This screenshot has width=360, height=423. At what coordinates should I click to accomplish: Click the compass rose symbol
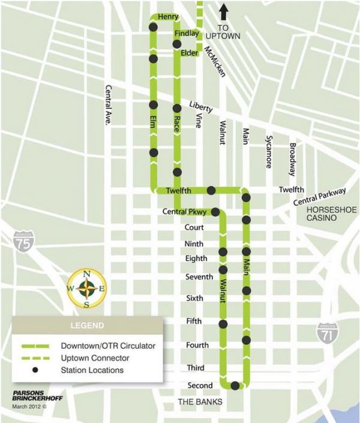click(x=86, y=289)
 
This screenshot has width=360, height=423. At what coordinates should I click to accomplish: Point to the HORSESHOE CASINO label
click(x=331, y=215)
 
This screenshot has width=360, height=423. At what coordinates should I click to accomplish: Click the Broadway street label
click(x=292, y=159)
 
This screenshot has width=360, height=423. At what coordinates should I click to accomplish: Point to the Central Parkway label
click(x=320, y=197)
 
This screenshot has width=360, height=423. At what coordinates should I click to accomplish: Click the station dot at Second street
click(x=235, y=386)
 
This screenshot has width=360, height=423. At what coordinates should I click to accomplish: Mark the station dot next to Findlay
click(x=177, y=44)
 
